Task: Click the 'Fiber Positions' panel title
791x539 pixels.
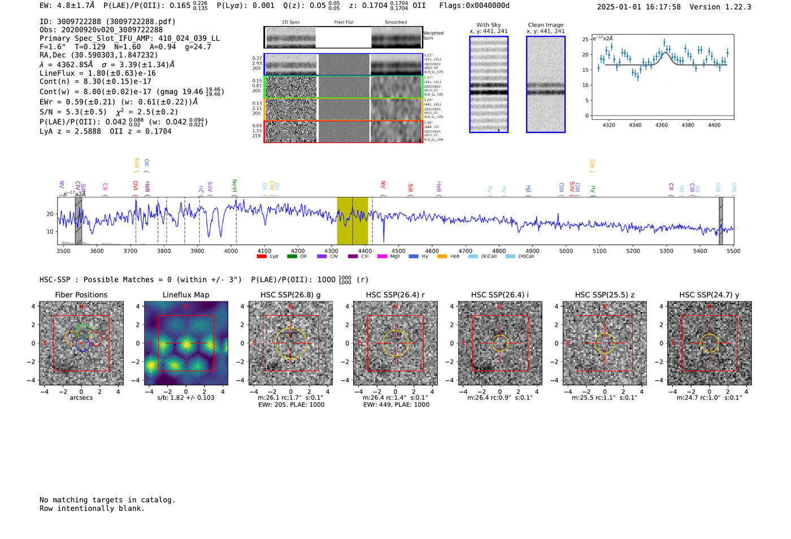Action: tap(81, 295)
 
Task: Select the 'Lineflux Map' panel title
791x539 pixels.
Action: tap(185, 295)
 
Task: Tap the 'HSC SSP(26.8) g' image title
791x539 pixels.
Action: tap(290, 295)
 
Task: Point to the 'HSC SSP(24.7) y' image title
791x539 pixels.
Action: tap(709, 295)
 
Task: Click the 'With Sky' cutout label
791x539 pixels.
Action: tap(488, 25)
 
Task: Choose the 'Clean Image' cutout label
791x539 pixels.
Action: tap(545, 25)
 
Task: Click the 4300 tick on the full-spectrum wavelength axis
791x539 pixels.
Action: tap(331, 251)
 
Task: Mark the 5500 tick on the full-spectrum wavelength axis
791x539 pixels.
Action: tap(733, 251)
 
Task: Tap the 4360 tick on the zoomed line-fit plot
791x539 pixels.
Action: tap(661, 125)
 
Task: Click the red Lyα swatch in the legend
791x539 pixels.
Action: tap(262, 257)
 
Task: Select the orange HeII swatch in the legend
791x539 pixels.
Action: tap(442, 257)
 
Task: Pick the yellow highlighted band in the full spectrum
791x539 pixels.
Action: tap(352, 221)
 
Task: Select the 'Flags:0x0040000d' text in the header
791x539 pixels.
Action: tap(474, 6)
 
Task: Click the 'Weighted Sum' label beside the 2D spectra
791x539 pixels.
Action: tap(433, 36)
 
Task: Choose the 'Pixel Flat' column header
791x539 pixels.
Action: tap(344, 23)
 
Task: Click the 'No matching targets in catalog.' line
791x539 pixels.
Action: tap(107, 500)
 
